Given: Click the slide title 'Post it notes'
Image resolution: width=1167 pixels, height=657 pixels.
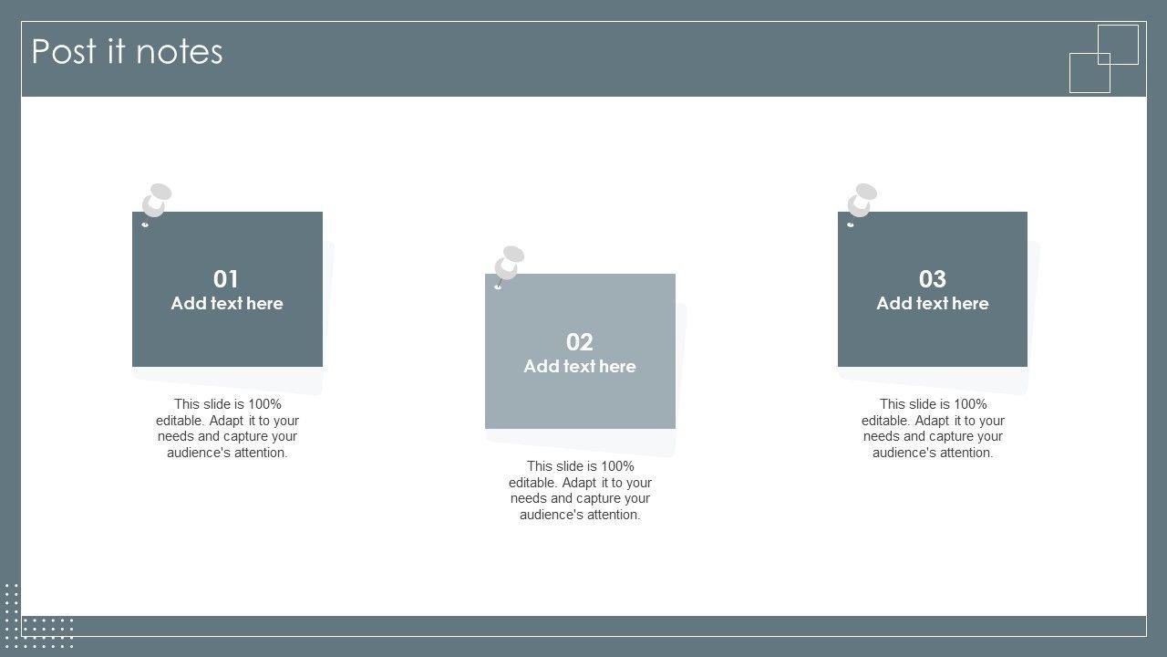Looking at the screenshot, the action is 127,52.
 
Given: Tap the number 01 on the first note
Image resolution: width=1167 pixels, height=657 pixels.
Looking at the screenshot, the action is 225,279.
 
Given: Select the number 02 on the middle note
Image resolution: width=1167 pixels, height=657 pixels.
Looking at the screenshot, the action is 579,342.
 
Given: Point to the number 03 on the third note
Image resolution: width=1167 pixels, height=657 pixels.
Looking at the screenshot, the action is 932,279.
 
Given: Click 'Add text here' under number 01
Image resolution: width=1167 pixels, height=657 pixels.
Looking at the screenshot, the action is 227,304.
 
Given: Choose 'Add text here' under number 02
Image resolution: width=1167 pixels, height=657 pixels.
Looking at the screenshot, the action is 580,367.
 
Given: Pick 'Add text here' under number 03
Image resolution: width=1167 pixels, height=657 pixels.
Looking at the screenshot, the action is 933,304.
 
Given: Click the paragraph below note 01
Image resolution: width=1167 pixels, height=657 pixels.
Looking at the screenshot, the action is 227,428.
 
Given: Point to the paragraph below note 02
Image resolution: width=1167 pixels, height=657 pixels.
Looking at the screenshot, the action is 580,490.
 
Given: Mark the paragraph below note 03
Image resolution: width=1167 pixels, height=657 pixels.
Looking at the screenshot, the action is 933,428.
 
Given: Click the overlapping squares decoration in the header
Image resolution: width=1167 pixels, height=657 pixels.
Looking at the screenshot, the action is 1104,59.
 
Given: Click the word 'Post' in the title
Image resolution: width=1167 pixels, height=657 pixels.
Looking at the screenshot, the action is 64,52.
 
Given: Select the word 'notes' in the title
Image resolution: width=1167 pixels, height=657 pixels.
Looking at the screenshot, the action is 180,53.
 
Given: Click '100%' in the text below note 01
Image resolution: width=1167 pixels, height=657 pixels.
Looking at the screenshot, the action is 264,404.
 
